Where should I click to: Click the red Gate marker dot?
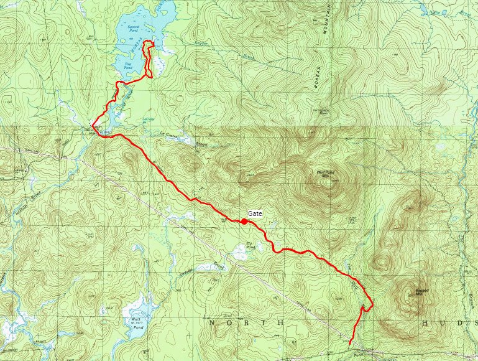coord(245,221)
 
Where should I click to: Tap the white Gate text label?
coord(255,213)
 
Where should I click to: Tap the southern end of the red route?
coord(350,343)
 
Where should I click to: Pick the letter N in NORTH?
coord(211,323)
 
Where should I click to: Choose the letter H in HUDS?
coord(424,323)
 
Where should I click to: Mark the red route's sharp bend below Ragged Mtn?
coord(372,304)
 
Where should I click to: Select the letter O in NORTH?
coord(229,323)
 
